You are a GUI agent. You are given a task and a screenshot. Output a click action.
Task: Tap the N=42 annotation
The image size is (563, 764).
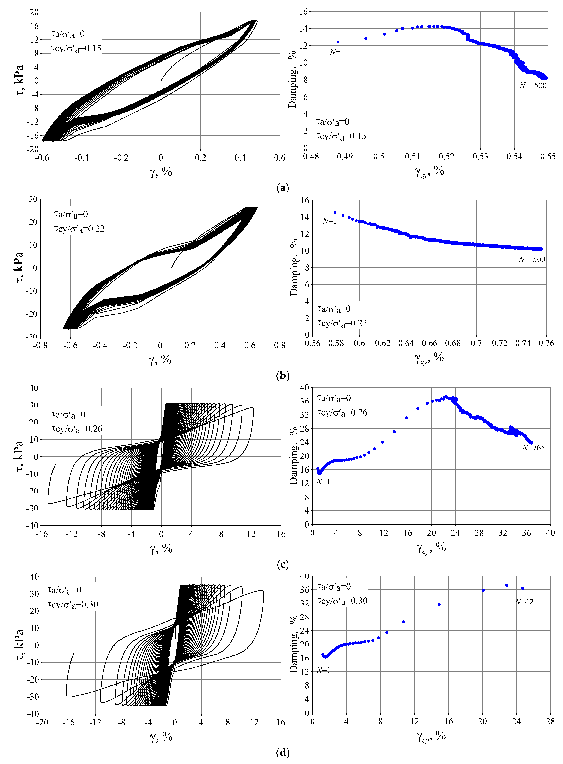524,602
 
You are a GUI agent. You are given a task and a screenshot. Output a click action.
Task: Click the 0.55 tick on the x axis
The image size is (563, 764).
548,156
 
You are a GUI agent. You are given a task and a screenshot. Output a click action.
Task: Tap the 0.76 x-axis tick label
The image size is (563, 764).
546,343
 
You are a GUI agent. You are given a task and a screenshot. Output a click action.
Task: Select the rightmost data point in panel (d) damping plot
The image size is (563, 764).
522,588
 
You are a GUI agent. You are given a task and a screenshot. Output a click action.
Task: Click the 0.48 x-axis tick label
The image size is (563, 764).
311,156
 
